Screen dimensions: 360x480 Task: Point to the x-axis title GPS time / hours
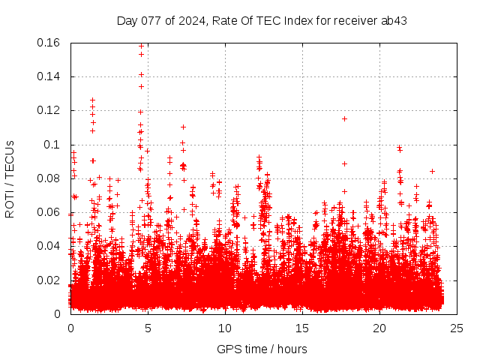click(x=262, y=349)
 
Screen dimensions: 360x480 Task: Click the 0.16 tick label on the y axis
click(x=49, y=43)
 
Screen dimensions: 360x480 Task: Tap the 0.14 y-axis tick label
click(x=49, y=76)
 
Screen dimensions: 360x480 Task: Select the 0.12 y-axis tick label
click(x=49, y=110)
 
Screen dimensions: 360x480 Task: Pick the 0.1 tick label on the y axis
click(x=54, y=145)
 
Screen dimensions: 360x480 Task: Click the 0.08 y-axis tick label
click(x=49, y=178)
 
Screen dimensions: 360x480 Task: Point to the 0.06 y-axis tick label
click(x=49, y=212)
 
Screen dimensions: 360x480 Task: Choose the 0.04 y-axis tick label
click(x=49, y=246)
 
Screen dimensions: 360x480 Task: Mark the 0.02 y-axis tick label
click(x=49, y=280)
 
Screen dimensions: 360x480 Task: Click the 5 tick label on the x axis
click(x=148, y=328)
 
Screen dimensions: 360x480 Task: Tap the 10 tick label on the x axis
click(x=225, y=328)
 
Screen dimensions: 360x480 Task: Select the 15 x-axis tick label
click(x=302, y=328)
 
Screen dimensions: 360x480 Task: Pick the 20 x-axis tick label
click(x=379, y=328)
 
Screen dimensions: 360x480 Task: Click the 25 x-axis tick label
click(x=457, y=328)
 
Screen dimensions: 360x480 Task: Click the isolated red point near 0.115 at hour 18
click(x=344, y=118)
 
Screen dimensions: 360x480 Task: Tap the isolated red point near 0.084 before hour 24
click(x=432, y=171)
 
